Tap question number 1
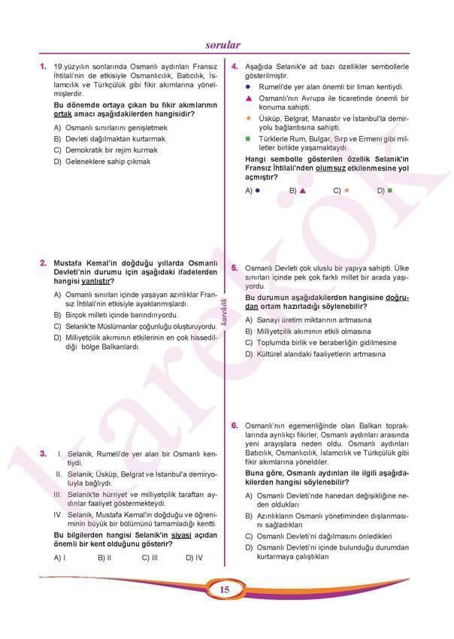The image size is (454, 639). click(x=44, y=67)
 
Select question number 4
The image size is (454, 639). click(x=235, y=67)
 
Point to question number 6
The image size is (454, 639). click(x=235, y=426)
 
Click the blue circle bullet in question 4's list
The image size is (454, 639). click(x=249, y=87)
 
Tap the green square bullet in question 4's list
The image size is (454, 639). click(x=249, y=140)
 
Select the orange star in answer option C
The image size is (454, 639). click(x=347, y=191)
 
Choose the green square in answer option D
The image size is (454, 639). click(x=389, y=191)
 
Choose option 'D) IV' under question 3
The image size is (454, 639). click(x=193, y=557)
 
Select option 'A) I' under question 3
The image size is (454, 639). click(x=60, y=557)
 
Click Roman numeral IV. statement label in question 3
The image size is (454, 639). click(x=58, y=514)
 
